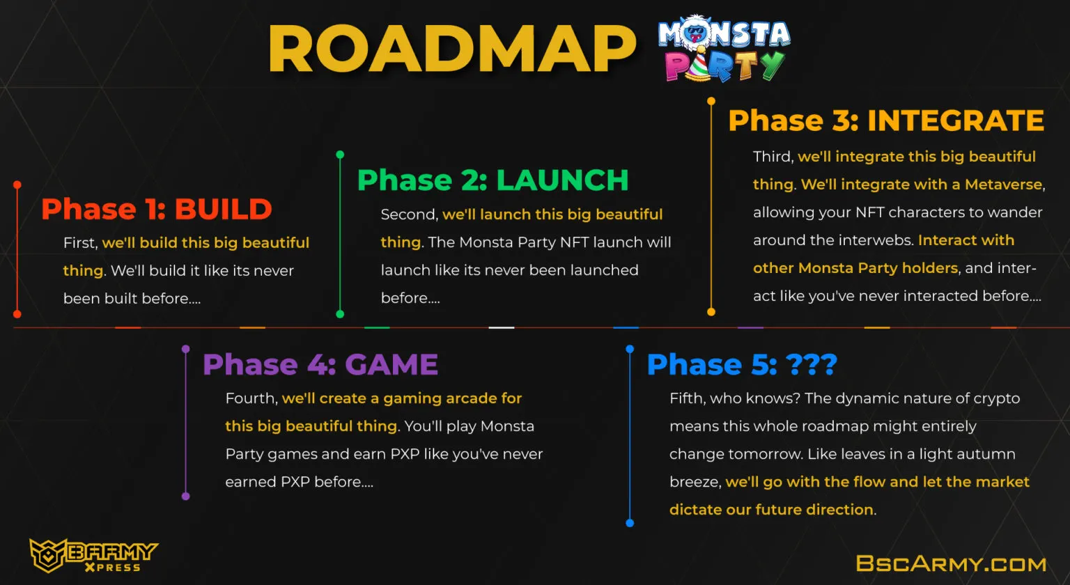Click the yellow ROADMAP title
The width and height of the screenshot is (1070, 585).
tap(452, 49)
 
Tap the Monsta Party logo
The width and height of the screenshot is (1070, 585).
tap(724, 48)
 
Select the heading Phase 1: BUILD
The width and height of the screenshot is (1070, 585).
tap(157, 209)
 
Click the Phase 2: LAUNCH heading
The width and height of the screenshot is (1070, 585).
tap(493, 180)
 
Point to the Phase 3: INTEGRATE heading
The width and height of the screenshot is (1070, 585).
tap(886, 120)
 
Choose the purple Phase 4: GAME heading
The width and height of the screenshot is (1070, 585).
tap(320, 364)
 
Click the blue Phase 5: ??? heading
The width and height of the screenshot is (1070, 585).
tap(742, 364)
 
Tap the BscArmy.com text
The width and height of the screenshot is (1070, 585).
tap(951, 563)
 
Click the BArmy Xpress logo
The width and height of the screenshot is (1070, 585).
tap(93, 555)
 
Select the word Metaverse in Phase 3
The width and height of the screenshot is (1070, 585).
tap(1003, 185)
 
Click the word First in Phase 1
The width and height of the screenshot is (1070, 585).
tap(80, 242)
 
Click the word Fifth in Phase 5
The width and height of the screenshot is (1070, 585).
tap(688, 398)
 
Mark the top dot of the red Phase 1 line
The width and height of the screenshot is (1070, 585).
tap(17, 185)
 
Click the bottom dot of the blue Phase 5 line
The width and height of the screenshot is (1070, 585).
tap(630, 523)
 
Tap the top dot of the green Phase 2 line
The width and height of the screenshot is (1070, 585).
tap(340, 154)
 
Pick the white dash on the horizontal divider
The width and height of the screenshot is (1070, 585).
tap(501, 327)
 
